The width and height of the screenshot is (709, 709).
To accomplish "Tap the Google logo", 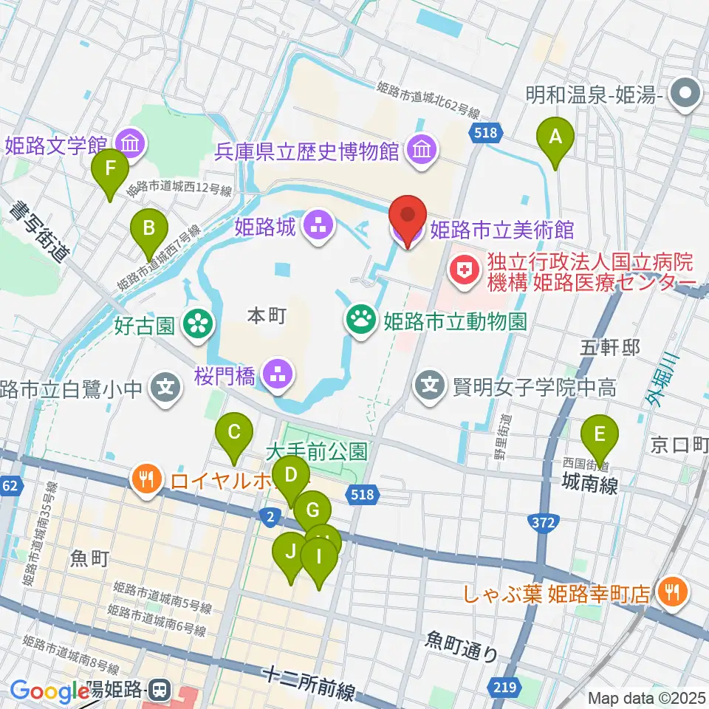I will (49, 692).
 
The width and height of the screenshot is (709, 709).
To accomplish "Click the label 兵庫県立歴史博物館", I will (306, 152).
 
